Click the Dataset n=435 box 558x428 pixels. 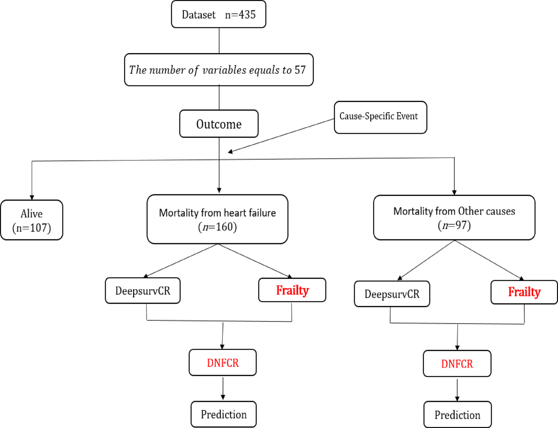click(x=218, y=15)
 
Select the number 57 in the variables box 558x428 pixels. click(x=300, y=70)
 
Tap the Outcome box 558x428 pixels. click(x=219, y=124)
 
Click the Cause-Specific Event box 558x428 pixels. click(x=380, y=117)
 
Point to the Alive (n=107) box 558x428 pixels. click(x=32, y=220)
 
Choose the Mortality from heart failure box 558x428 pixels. click(x=217, y=219)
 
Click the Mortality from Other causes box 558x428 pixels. click(x=454, y=217)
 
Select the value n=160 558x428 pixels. click(x=218, y=227)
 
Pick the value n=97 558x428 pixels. click(x=454, y=225)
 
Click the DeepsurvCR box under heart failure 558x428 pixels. click(x=143, y=291)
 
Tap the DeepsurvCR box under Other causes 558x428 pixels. click(x=392, y=294)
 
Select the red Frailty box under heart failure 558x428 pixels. click(x=292, y=290)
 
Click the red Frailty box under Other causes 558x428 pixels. click(x=524, y=292)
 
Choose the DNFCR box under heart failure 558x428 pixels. click(x=223, y=363)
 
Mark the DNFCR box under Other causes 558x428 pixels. click(x=457, y=364)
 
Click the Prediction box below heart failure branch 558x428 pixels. click(x=224, y=415)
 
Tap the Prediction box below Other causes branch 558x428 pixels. click(x=457, y=415)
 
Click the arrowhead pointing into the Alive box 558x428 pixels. click(x=32, y=197)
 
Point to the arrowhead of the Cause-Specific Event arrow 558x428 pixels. click(x=231, y=152)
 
